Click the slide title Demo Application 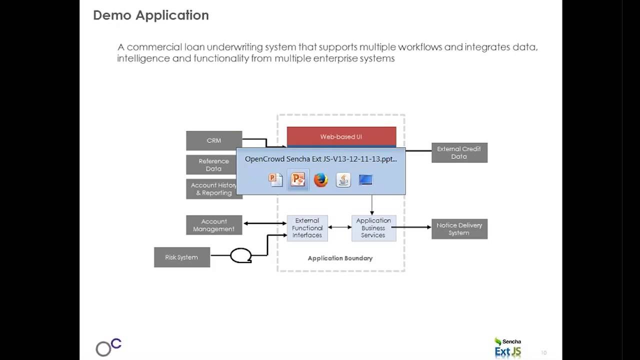coord(151,15)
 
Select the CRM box coord(214,140)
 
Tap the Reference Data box coord(213,165)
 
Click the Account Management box coord(214,225)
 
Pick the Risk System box coord(182,257)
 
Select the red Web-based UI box coord(341,136)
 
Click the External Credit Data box coord(459,152)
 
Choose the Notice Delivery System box coord(459,229)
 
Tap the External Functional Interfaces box coord(307,228)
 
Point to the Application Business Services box coord(373,228)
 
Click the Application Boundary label coord(340,258)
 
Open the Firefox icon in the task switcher coord(320,179)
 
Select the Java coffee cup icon coord(343,179)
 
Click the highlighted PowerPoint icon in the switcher coord(298,179)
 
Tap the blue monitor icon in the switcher coord(365,179)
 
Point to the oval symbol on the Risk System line coord(240,255)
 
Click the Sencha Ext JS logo coord(507,347)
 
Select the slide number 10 coord(544,353)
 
